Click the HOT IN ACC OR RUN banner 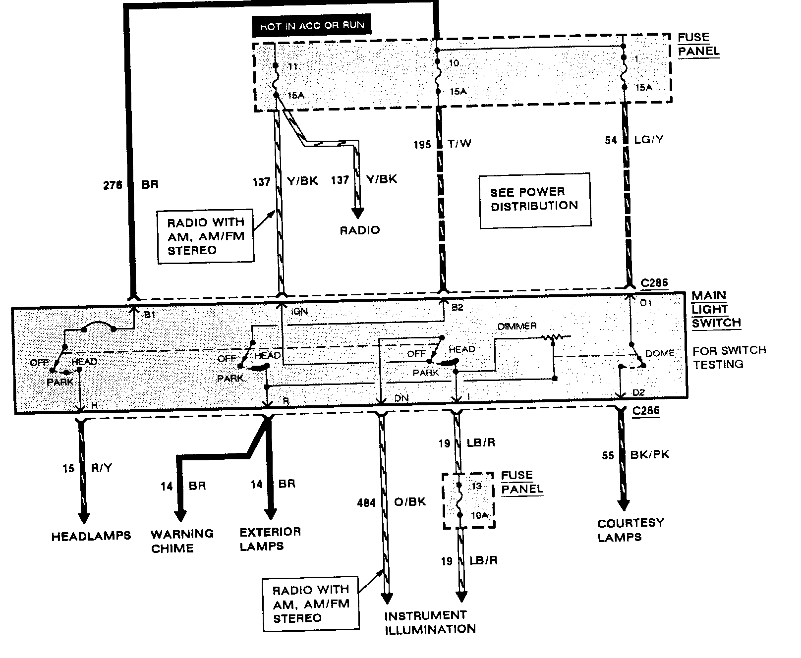[312, 26]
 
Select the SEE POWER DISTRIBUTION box [534, 200]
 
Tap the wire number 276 [113, 185]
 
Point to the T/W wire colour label [459, 144]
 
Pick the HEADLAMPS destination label [91, 536]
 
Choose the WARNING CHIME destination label [182, 541]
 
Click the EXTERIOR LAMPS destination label [270, 539]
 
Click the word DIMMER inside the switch [517, 326]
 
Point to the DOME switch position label [660, 353]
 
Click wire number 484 [366, 502]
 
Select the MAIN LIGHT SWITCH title [716, 309]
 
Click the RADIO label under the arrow [359, 230]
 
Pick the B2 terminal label [457, 307]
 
